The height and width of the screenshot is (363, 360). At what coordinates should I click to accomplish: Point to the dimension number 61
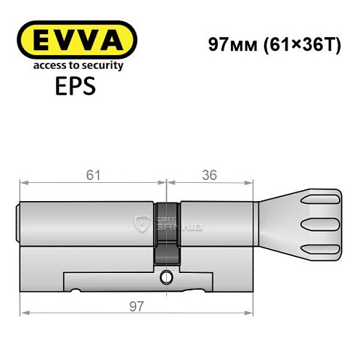click(x=91, y=176)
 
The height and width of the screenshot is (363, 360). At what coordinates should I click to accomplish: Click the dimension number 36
click(x=210, y=176)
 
